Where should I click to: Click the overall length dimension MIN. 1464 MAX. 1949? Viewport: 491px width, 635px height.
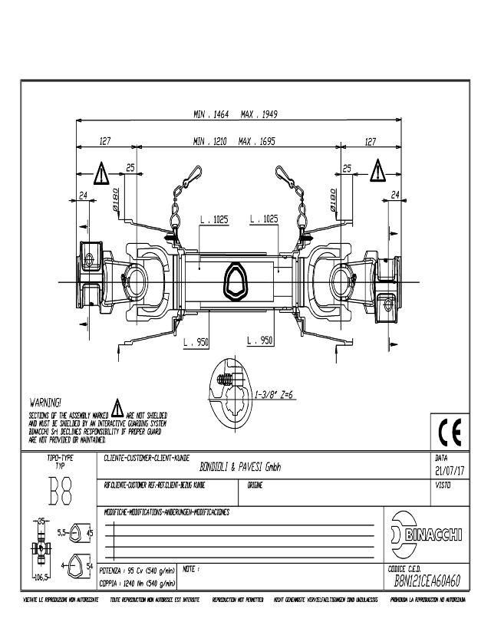coord(236,114)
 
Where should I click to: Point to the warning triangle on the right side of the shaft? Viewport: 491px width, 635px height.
coord(378,170)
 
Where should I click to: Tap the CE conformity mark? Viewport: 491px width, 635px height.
coord(447,432)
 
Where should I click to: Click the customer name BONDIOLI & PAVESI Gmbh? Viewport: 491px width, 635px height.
coord(242,466)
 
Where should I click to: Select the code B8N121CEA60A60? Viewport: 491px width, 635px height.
coord(427,580)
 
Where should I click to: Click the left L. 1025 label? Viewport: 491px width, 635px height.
coord(214,219)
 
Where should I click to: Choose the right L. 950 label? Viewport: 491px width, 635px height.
coord(260,339)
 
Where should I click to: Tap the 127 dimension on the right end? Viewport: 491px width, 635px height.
coord(371,141)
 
